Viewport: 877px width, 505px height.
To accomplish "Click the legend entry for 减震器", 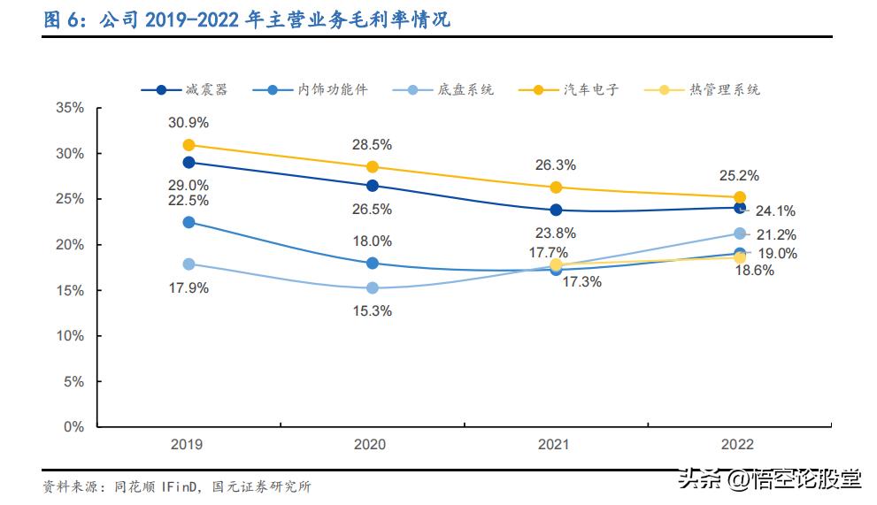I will pyautogui.click(x=185, y=89).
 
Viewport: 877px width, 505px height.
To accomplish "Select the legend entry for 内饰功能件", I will pyautogui.click(x=309, y=89).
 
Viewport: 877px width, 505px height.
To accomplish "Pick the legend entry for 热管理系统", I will pyautogui.click(x=700, y=89).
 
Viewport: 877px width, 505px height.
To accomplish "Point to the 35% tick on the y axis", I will pyautogui.click(x=69, y=108).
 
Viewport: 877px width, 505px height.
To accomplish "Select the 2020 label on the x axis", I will pyautogui.click(x=370, y=444).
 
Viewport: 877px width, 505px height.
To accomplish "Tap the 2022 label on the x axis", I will pyautogui.click(x=737, y=444).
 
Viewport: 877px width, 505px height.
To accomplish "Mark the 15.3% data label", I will pyautogui.click(x=373, y=310).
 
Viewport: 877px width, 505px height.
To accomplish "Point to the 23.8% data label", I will pyautogui.click(x=557, y=233).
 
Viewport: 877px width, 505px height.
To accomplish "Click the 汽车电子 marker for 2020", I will pyautogui.click(x=373, y=166).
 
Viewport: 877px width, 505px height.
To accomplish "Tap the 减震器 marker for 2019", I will pyautogui.click(x=188, y=162).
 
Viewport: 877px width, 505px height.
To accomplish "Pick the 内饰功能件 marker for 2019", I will pyautogui.click(x=188, y=222).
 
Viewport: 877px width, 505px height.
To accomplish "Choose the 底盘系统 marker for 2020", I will pyautogui.click(x=373, y=287).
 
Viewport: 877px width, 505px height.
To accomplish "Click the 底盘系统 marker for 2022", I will pyautogui.click(x=740, y=233).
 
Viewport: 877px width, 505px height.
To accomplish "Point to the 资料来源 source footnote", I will pyautogui.click(x=177, y=486).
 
